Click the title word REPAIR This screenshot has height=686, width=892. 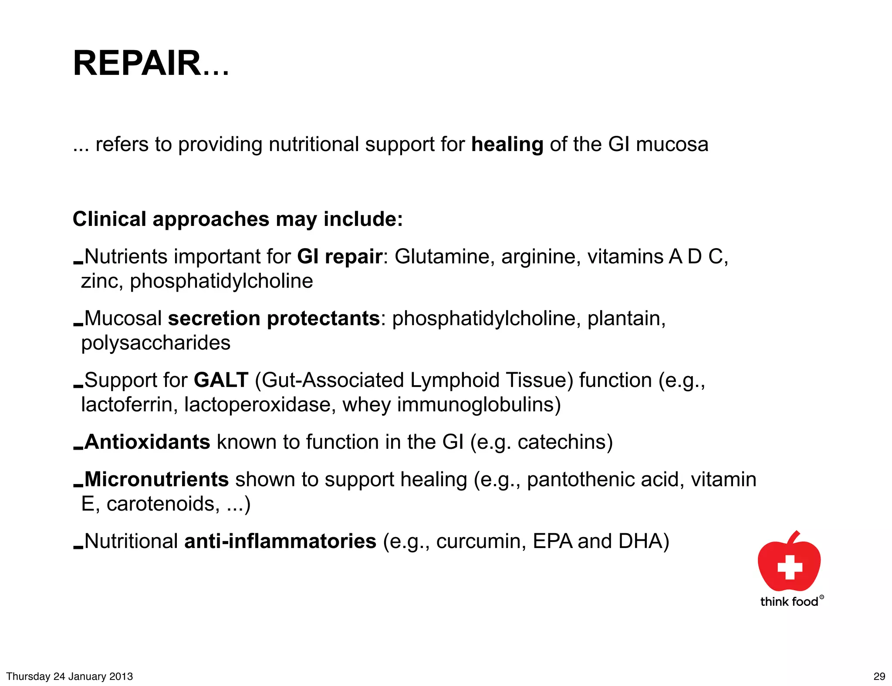(x=136, y=64)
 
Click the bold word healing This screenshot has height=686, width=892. (x=507, y=145)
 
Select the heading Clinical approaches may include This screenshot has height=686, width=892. (x=237, y=219)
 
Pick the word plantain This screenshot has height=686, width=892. (x=626, y=319)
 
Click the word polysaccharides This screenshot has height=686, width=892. (x=155, y=343)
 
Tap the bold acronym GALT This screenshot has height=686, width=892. (x=221, y=380)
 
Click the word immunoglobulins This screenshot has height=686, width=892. (x=479, y=405)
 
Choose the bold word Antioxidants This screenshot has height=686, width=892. (x=147, y=442)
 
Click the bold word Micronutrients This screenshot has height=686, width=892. (x=156, y=480)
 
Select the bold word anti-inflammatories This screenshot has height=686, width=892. (x=280, y=541)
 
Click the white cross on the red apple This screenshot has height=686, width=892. (x=790, y=567)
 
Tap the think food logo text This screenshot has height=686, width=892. (x=789, y=602)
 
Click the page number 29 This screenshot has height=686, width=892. (x=879, y=676)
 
